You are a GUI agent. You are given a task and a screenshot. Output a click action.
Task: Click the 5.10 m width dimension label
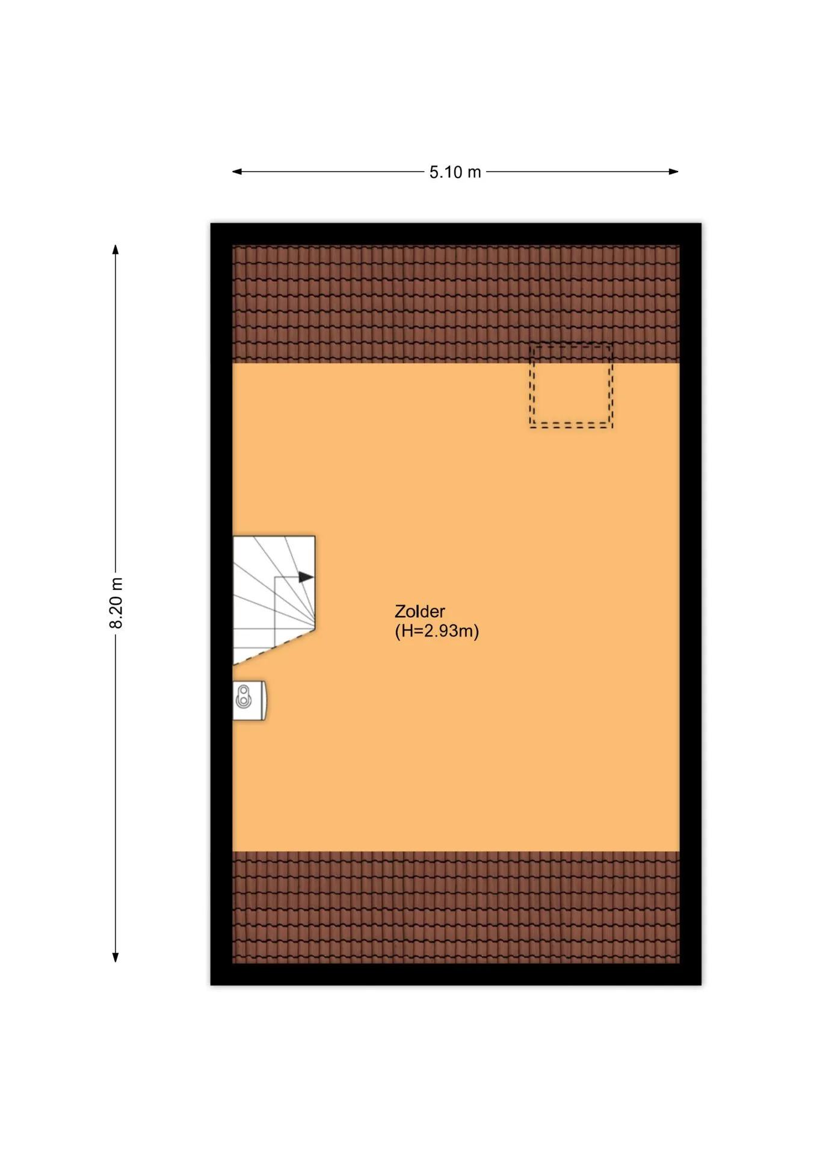455,172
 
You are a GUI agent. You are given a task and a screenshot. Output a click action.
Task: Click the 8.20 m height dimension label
116,603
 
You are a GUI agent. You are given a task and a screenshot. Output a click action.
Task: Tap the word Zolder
419,611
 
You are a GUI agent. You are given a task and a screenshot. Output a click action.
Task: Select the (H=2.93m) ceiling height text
437,631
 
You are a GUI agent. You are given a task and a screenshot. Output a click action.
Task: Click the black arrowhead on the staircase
306,577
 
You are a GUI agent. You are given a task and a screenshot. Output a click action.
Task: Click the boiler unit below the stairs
250,700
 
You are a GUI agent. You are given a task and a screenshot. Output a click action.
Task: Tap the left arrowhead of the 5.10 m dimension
237,172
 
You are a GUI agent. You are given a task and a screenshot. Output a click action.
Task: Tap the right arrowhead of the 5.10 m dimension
674,172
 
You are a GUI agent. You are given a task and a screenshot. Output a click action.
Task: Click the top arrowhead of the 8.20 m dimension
116,249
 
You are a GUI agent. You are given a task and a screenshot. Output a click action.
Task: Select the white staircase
273,598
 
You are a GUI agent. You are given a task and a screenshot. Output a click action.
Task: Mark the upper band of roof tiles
456,304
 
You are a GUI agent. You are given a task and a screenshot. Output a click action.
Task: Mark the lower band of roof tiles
456,907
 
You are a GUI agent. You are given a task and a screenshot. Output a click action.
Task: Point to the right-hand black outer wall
691,604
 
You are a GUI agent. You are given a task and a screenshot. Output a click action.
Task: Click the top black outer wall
456,234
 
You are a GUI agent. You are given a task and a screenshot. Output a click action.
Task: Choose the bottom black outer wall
456,974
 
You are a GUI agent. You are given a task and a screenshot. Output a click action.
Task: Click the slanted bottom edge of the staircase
274,647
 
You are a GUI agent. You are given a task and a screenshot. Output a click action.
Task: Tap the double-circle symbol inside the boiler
243,697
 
